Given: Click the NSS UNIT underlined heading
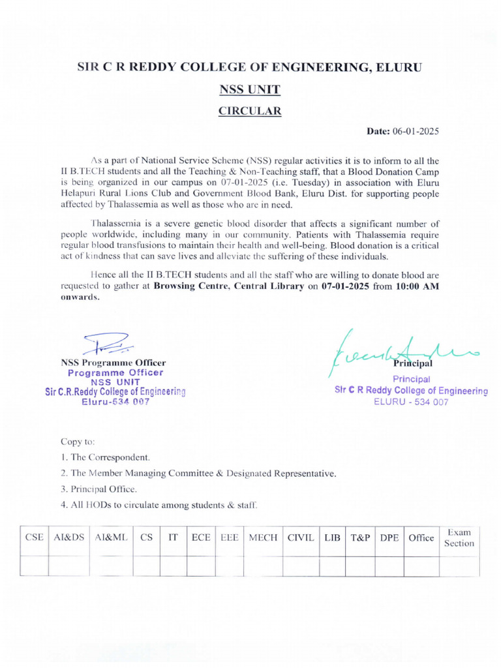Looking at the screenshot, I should pos(250,89).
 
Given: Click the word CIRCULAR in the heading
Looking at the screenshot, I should pos(250,111).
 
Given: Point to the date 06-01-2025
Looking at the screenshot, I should pos(416,131).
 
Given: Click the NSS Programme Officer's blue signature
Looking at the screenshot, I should pos(108,343).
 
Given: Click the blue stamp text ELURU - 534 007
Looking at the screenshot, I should pos(411,402).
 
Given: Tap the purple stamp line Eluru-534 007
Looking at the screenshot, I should pos(115,402).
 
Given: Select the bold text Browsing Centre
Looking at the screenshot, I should pos(190,286).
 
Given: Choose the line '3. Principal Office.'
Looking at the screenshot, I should pos(99,489).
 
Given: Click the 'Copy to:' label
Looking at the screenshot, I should pos(78,442).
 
